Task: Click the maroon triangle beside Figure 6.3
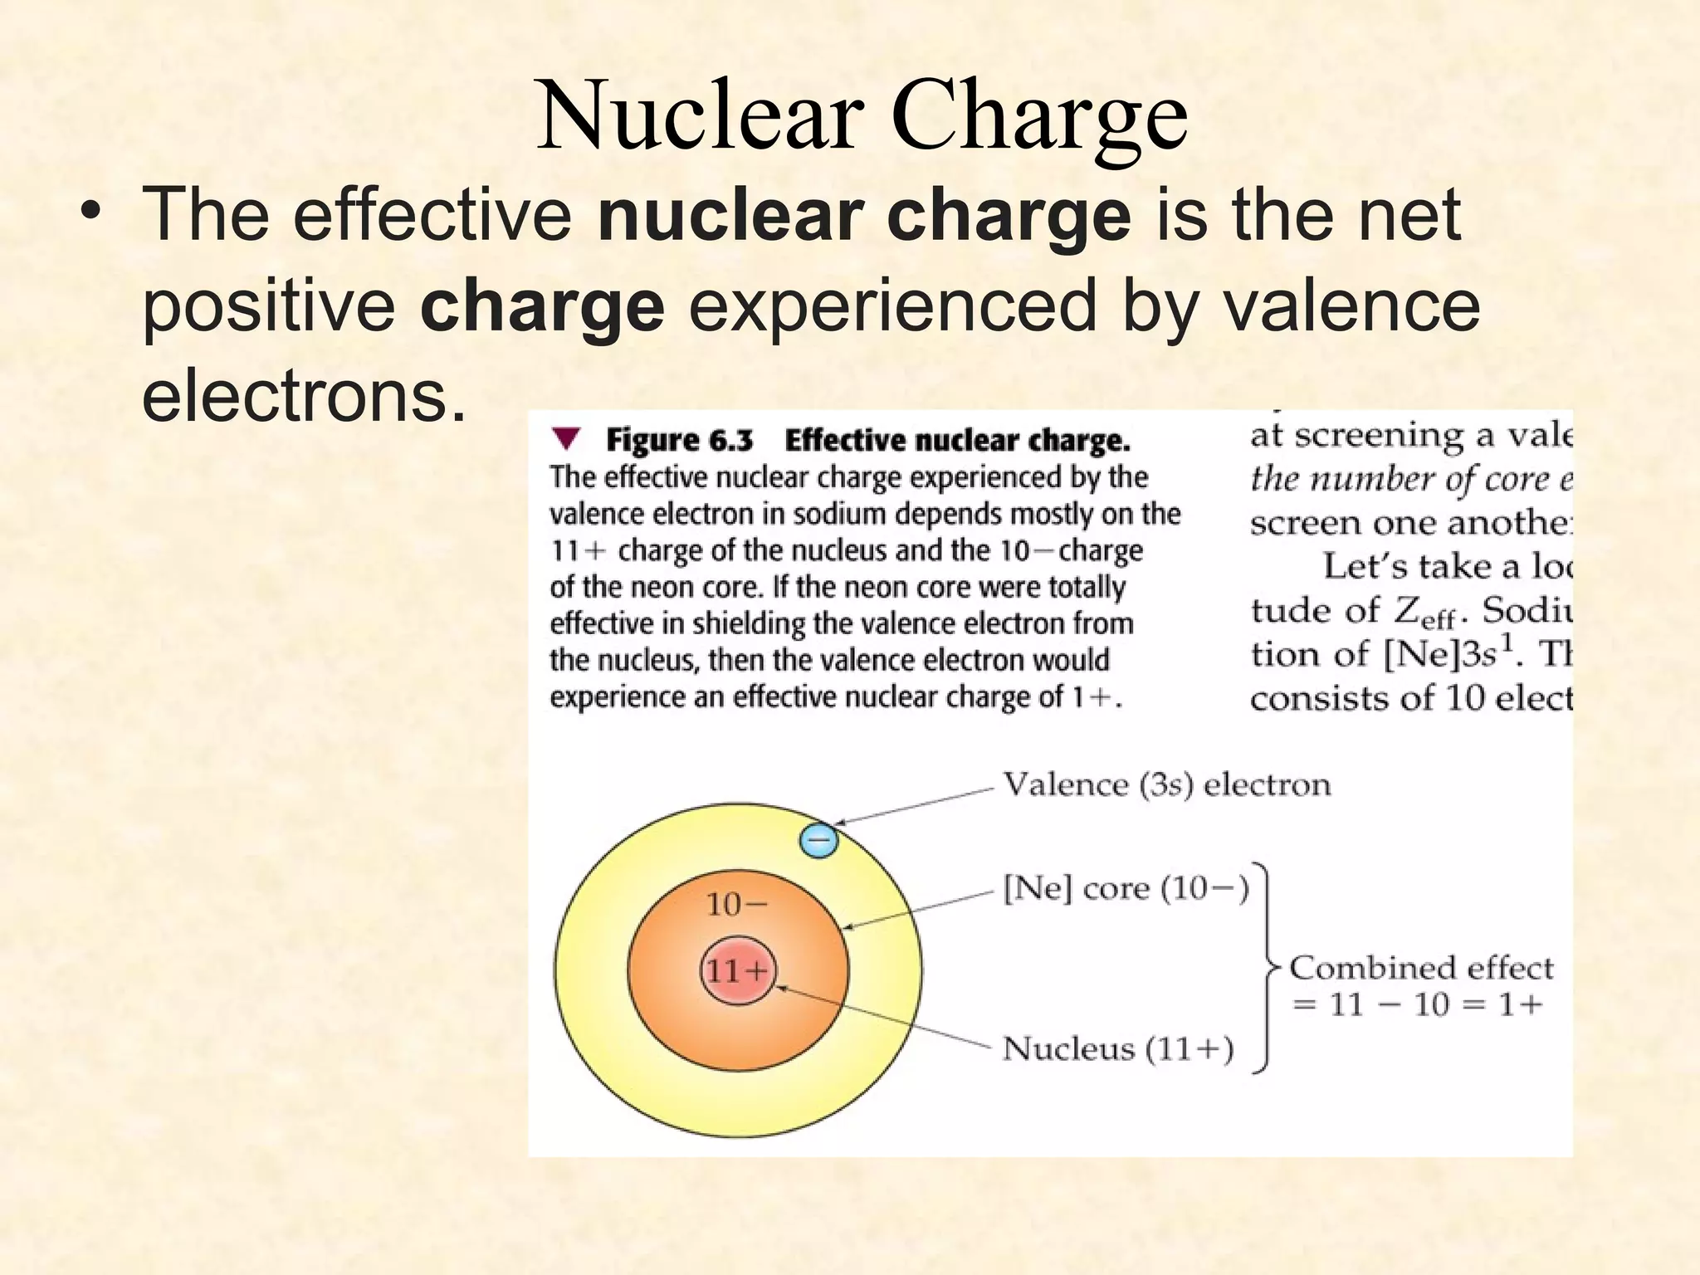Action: coord(566,438)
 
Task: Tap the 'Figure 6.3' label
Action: coord(679,440)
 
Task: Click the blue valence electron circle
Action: coord(818,841)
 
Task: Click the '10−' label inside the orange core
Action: coord(737,904)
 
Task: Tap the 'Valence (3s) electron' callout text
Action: coord(1166,784)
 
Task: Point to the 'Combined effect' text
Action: coord(1420,968)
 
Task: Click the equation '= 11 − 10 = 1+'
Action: coord(1418,1005)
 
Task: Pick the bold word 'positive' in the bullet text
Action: coord(269,305)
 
